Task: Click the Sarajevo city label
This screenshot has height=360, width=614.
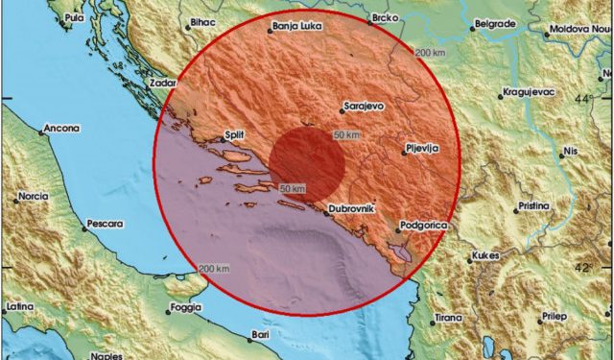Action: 366,108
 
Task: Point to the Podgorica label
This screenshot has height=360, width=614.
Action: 422,228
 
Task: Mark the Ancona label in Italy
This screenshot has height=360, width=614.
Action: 61,130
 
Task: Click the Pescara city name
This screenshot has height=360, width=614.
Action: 106,224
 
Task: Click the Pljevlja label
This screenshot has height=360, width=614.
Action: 423,149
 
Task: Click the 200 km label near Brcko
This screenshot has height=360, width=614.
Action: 430,51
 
